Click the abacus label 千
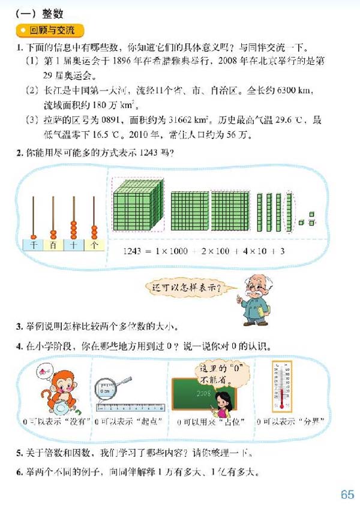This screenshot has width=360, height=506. coord(34,245)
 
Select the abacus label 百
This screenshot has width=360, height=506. coord(53,245)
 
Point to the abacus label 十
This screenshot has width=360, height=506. coord(73,245)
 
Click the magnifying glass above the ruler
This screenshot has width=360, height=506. coord(113,383)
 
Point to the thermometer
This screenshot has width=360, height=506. coord(281,386)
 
